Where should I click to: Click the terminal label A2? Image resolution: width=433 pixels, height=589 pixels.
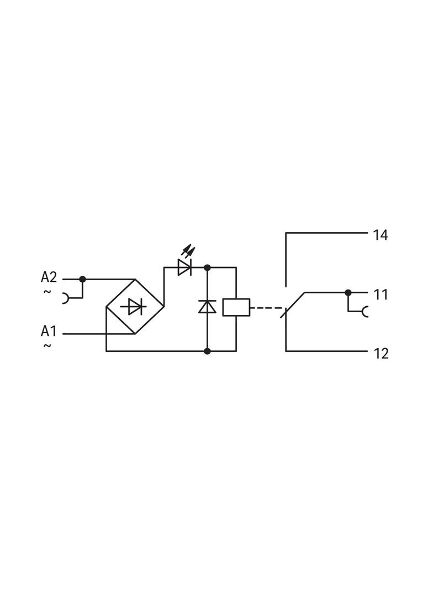pyautogui.click(x=49, y=277)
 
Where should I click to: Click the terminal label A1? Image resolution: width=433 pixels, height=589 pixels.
pyautogui.click(x=49, y=332)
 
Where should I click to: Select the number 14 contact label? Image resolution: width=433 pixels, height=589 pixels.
pyautogui.click(x=380, y=235)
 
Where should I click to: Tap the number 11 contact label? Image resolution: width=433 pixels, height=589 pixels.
pyautogui.click(x=380, y=295)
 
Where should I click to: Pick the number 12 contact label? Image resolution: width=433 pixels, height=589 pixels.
pyautogui.click(x=380, y=354)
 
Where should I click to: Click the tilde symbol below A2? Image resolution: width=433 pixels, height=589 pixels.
pyautogui.click(x=47, y=291)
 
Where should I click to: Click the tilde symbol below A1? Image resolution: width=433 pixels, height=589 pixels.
pyautogui.click(x=47, y=346)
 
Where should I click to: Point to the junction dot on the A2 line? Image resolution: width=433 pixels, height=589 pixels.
pyautogui.click(x=82, y=279)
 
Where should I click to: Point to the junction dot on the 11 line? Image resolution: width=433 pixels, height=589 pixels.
pyautogui.click(x=348, y=292)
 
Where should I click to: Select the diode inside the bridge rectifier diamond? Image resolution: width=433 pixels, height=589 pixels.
pyautogui.click(x=135, y=306)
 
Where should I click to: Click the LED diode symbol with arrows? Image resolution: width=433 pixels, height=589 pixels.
pyautogui.click(x=184, y=268)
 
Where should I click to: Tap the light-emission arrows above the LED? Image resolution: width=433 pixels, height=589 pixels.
pyautogui.click(x=188, y=251)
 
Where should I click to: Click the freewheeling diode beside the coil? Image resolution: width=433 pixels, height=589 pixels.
pyautogui.click(x=207, y=306)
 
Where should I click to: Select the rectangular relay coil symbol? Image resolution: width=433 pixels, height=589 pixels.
pyautogui.click(x=236, y=307)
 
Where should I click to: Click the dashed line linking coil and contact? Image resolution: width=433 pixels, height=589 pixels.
pyautogui.click(x=265, y=308)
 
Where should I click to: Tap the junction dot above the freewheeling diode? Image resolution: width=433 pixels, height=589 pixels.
pyautogui.click(x=207, y=267)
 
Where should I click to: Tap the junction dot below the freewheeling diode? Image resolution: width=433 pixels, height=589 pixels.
pyautogui.click(x=207, y=351)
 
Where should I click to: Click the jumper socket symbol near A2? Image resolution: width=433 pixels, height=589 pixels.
pyautogui.click(x=66, y=298)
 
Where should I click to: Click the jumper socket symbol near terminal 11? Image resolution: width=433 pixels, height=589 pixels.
pyautogui.click(x=365, y=312)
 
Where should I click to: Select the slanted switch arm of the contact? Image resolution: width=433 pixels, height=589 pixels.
pyautogui.click(x=294, y=304)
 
